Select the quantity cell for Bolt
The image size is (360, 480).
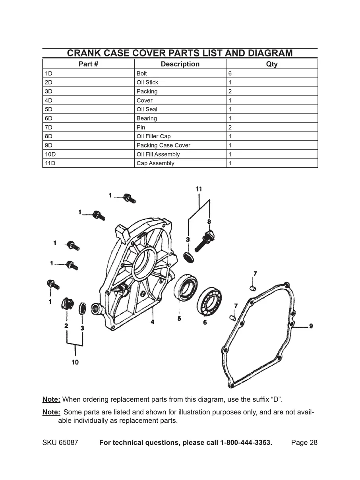click(x=272, y=74)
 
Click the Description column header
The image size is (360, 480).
click(x=180, y=64)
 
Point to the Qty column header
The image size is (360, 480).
click(x=272, y=64)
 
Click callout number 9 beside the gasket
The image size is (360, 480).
click(x=311, y=326)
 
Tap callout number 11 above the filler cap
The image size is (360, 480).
click(x=199, y=189)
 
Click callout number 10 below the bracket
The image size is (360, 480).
click(x=75, y=362)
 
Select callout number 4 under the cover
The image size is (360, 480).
click(x=153, y=322)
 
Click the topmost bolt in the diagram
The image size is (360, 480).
click(x=128, y=197)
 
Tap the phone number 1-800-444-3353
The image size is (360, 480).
click(x=246, y=443)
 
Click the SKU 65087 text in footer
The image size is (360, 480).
click(x=60, y=443)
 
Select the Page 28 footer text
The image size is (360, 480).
click(x=304, y=443)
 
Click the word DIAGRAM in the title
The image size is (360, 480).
click(x=270, y=53)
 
